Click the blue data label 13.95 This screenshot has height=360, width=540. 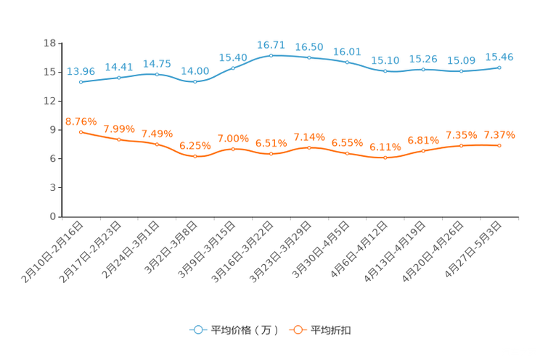[81, 70]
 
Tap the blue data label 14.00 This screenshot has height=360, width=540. [195, 70]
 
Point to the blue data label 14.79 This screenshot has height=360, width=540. [157, 64]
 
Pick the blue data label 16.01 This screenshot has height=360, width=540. [347, 51]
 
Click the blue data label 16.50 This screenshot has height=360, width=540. [309, 47]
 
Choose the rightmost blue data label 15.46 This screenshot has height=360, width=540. [499, 57]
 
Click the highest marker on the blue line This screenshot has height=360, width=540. [271, 55]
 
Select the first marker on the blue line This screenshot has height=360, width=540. [81, 81]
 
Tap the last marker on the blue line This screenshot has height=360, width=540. [499, 67]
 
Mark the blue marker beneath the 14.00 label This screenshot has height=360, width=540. [195, 81]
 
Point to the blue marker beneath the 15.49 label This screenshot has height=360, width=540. [233, 67]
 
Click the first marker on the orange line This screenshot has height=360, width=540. [81, 131]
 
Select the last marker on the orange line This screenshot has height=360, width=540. [499, 146]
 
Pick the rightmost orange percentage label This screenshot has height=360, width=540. [499, 135]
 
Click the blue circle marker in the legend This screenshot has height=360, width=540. [198, 330]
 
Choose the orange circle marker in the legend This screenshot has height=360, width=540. [297, 330]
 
